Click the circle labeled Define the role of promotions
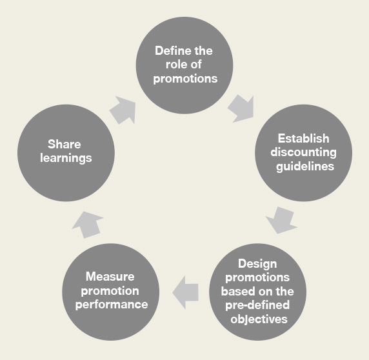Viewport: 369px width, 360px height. (x=184, y=65)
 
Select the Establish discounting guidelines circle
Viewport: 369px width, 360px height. (x=304, y=153)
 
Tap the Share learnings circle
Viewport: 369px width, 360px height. (x=66, y=153)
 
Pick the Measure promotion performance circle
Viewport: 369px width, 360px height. (x=110, y=292)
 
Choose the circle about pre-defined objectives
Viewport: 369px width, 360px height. (x=257, y=292)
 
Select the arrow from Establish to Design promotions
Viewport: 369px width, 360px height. (x=281, y=220)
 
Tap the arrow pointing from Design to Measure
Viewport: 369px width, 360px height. (x=185, y=292)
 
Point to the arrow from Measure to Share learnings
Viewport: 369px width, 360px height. (x=88, y=225)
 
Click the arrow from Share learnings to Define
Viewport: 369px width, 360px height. (x=123, y=110)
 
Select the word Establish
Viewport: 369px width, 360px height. (x=303, y=138)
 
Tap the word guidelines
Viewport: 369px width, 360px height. (x=305, y=166)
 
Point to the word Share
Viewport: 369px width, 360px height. (x=65, y=144)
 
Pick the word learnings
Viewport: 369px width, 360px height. (x=66, y=158)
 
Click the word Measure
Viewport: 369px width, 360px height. (x=110, y=276)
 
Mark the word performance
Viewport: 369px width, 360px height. (x=112, y=305)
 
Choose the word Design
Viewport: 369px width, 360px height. (x=257, y=264)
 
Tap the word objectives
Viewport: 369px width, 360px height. (x=259, y=319)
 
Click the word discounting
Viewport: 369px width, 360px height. (x=303, y=152)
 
